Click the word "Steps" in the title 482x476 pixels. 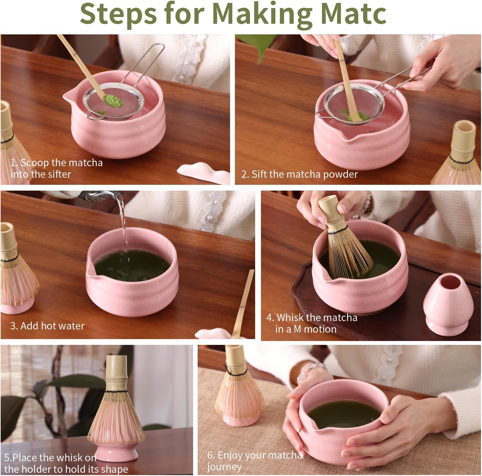(x=119, y=13)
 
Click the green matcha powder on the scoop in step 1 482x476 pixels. (x=113, y=101)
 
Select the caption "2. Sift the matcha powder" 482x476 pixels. (x=299, y=174)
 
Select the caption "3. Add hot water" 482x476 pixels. (x=47, y=326)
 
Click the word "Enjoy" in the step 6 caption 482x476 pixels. (x=230, y=455)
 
